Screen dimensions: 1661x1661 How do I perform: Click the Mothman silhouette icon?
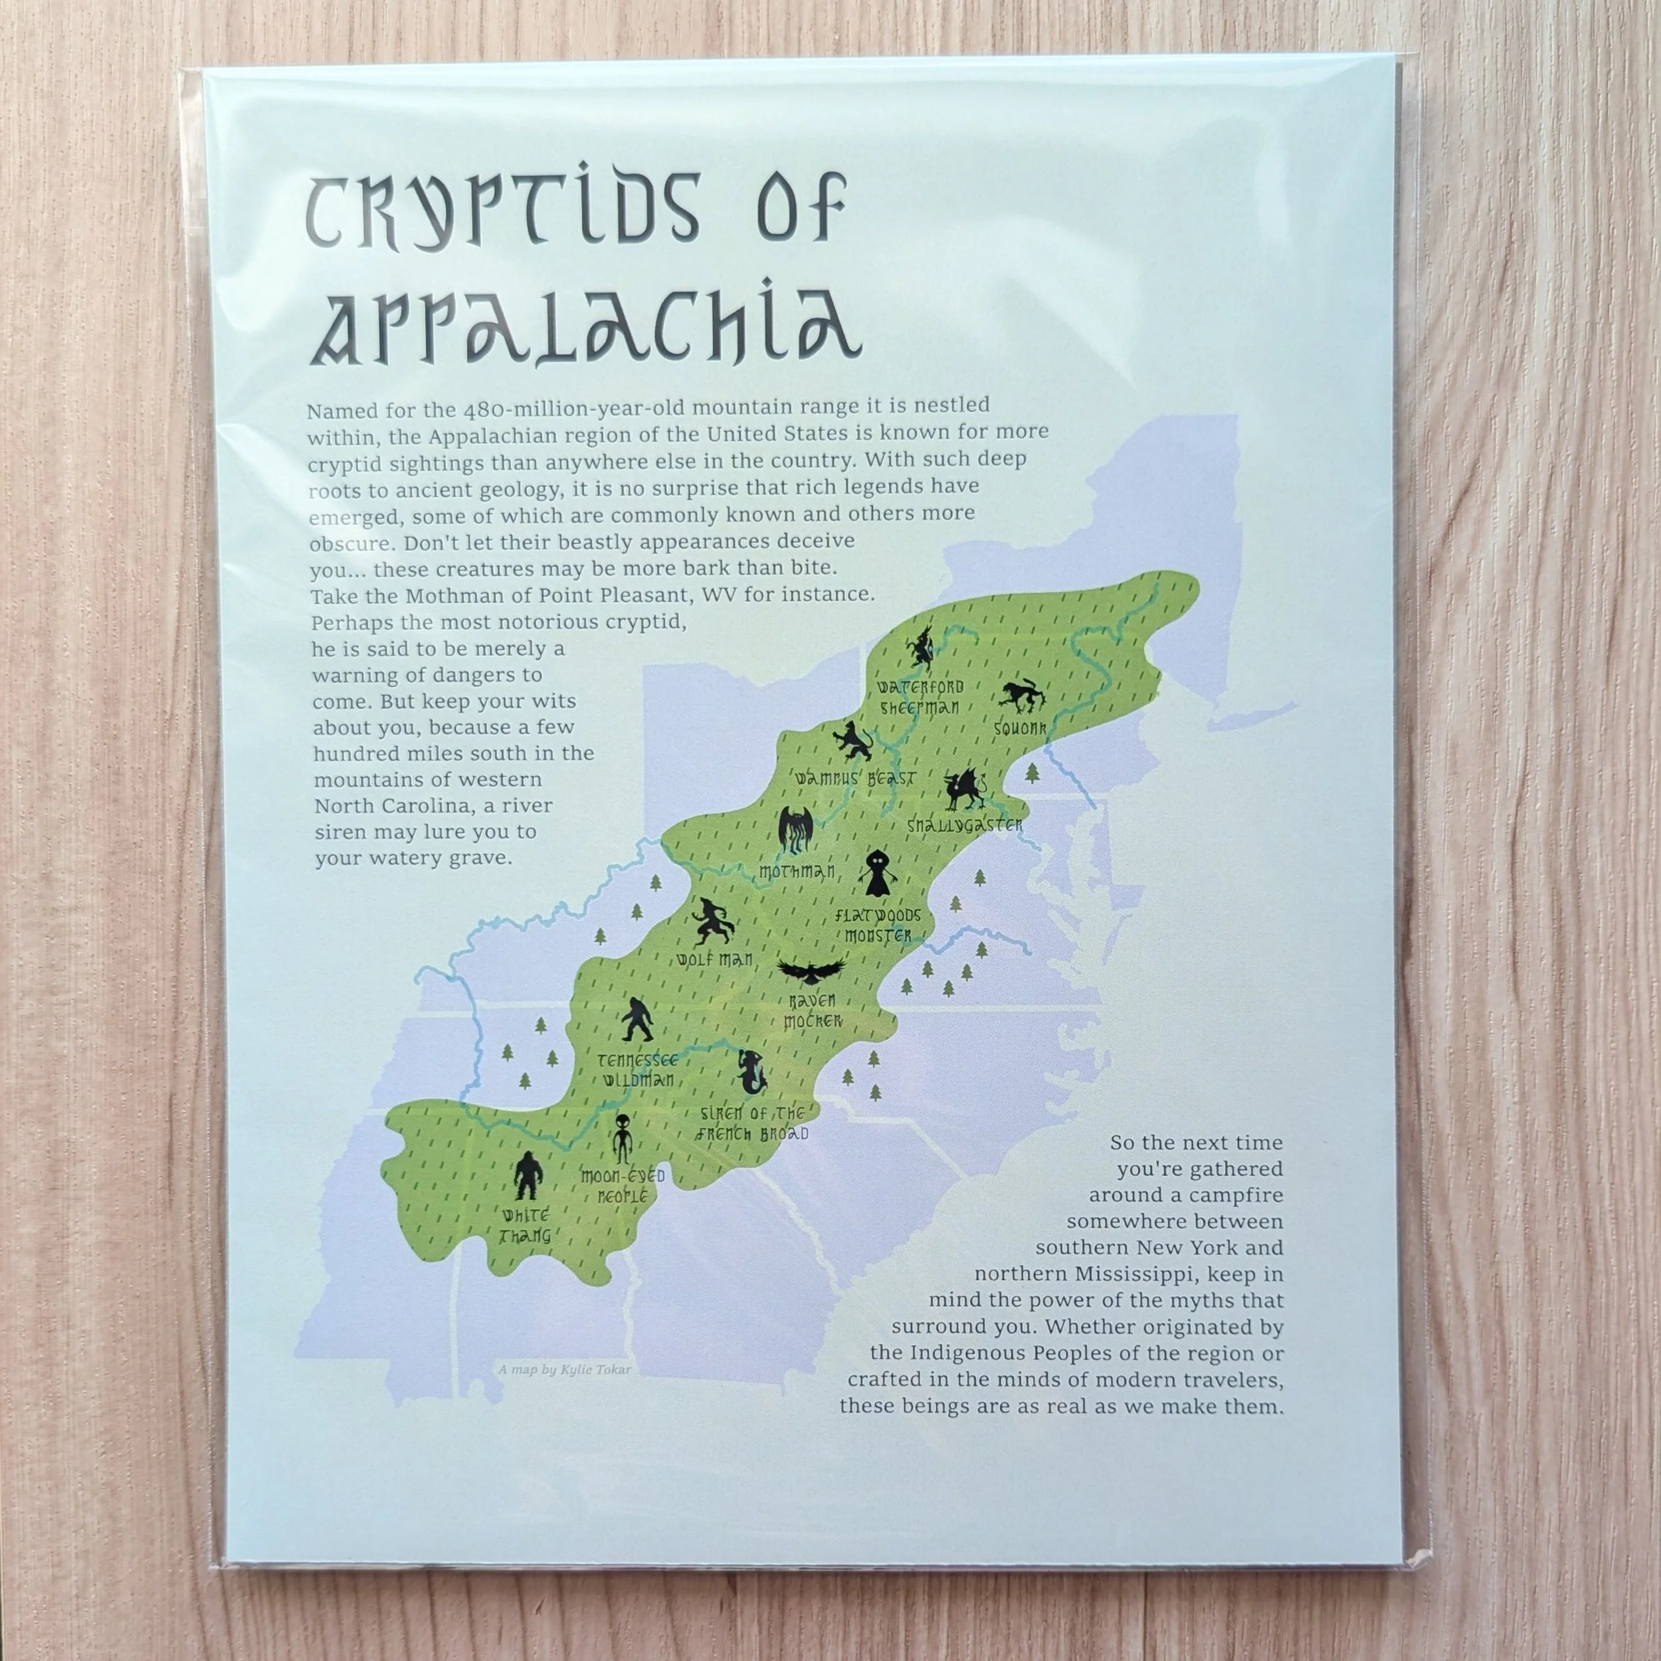tap(795, 830)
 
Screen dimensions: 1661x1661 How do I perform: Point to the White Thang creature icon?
tap(526, 1176)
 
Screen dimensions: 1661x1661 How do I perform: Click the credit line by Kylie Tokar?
tap(564, 1369)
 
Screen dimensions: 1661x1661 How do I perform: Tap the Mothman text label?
tap(797, 872)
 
